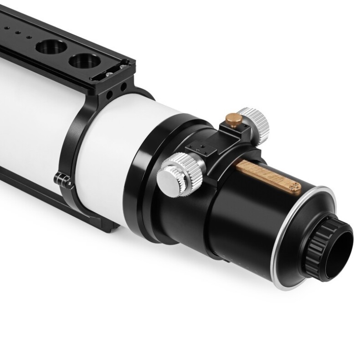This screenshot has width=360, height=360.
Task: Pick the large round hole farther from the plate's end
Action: pos(51,46)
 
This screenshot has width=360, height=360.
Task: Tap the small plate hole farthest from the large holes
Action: pos(6,28)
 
